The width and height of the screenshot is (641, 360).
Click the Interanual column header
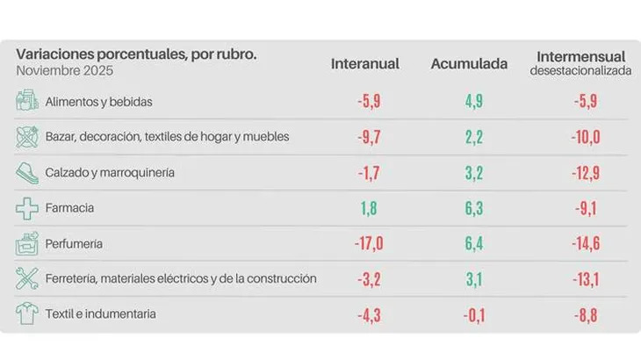pos(365,63)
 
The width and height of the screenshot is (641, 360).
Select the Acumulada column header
pos(469,63)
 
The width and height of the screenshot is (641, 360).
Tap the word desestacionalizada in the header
pos(580,71)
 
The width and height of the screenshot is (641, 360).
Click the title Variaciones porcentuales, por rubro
pos(136,54)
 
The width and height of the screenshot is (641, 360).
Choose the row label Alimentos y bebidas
pos(99,102)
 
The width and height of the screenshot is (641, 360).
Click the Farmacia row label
pos(69,208)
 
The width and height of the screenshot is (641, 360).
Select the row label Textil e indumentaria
pos(102,314)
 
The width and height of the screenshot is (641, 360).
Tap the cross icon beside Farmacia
pos(27,208)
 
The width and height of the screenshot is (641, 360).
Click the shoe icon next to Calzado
pos(27,172)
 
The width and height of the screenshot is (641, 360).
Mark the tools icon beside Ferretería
pos(27,279)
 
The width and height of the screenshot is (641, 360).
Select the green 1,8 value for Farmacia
pos(367,208)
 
